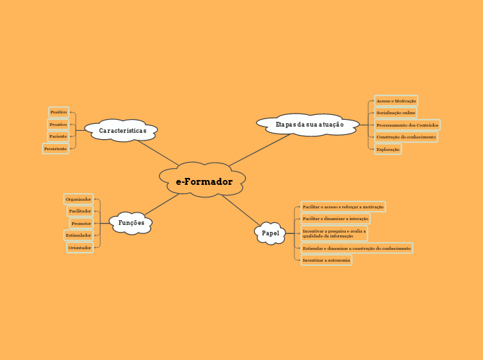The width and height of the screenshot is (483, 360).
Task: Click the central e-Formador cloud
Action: (x=203, y=181)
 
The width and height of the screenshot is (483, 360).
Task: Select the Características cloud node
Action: (x=122, y=130)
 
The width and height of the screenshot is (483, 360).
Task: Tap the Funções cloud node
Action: (x=131, y=223)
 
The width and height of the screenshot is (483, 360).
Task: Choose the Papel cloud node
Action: (x=270, y=233)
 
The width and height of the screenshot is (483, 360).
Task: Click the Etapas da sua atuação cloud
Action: (x=309, y=125)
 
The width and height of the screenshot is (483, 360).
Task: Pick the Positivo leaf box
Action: (x=59, y=112)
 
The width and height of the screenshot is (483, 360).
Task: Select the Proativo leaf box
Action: (x=58, y=125)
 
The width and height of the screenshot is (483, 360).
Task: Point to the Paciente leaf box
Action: (x=58, y=136)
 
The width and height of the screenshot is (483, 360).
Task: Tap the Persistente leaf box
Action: (x=55, y=149)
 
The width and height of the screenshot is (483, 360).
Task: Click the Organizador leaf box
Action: (x=78, y=199)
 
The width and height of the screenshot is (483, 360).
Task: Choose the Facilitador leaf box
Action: (x=80, y=211)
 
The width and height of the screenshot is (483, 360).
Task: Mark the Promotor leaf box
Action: (x=81, y=224)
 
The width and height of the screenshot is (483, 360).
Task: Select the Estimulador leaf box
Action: (x=78, y=235)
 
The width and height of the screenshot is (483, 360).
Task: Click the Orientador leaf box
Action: (x=80, y=247)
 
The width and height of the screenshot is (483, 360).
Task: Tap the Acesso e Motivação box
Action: (x=396, y=101)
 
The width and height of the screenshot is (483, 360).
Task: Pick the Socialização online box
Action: (x=396, y=113)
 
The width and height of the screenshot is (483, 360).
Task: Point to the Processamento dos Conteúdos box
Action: (x=407, y=125)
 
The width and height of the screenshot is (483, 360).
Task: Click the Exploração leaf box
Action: (x=388, y=150)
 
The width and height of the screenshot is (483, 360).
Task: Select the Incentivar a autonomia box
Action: (x=326, y=260)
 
